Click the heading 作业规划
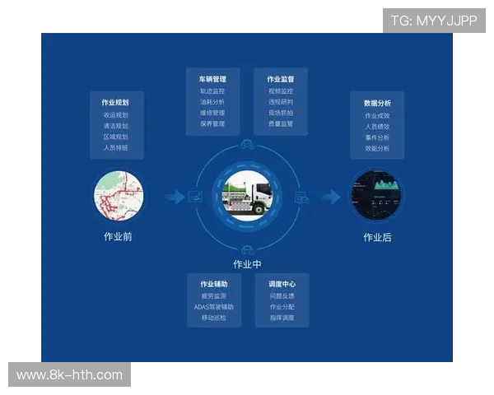116,103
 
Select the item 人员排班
116,148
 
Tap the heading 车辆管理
212,80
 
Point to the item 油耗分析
212,102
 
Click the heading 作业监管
281,80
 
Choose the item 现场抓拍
281,113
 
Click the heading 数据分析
377,103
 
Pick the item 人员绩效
377,126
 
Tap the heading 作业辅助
213,284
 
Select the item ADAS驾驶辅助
213,307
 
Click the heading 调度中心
282,284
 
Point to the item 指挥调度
282,318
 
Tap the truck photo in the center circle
247,194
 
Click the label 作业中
247,264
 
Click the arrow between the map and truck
175,197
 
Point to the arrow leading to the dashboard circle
330,197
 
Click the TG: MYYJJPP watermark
434,21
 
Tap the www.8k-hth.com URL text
69,375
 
